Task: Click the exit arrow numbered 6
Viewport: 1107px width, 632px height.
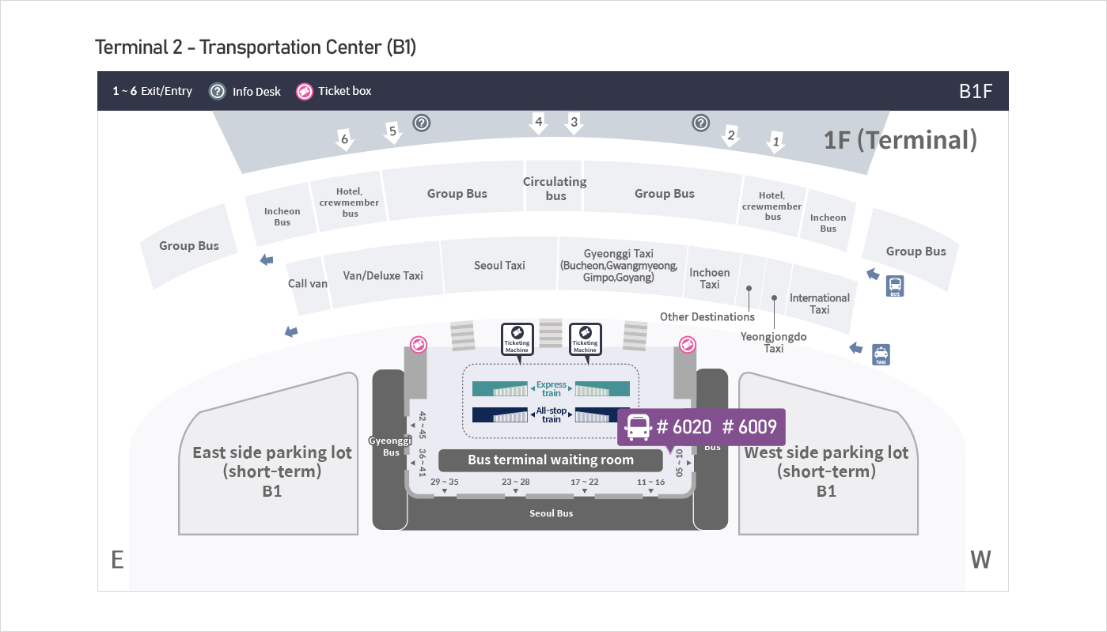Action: click(x=344, y=141)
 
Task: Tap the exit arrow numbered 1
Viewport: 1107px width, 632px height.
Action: click(x=776, y=143)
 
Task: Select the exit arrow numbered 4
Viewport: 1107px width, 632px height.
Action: click(x=539, y=123)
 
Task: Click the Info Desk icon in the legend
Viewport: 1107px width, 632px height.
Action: click(x=218, y=91)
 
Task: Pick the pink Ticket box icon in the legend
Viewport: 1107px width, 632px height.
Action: click(x=305, y=91)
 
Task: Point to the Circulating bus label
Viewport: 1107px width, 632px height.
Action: click(x=555, y=188)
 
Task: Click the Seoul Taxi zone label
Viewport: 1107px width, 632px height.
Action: click(x=499, y=266)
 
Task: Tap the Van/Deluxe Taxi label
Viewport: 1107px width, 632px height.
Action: click(x=383, y=275)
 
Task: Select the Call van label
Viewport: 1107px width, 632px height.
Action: click(x=308, y=283)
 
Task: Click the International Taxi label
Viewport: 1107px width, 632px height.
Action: click(x=820, y=304)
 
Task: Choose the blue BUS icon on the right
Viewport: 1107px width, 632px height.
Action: click(x=895, y=286)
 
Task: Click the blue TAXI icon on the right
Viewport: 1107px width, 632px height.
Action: click(x=881, y=354)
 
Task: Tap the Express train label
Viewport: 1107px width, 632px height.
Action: click(x=552, y=388)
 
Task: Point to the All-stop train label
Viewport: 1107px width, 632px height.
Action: click(x=552, y=414)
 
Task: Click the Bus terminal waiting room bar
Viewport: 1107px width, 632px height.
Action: click(x=551, y=460)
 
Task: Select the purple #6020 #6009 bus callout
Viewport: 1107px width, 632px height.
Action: click(x=701, y=427)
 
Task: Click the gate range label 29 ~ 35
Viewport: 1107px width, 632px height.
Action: click(x=444, y=482)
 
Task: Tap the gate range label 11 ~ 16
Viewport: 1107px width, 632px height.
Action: click(x=651, y=482)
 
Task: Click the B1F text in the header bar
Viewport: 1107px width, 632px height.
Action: click(x=975, y=91)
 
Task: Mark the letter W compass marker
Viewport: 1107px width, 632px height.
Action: click(x=980, y=560)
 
